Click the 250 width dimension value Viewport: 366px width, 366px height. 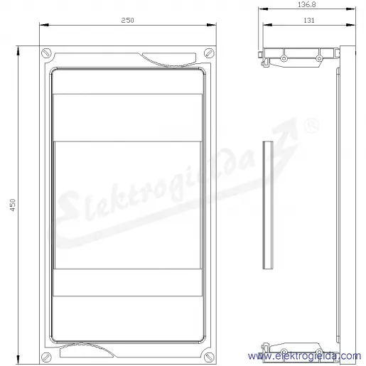127,21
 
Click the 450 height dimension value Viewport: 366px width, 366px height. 13,205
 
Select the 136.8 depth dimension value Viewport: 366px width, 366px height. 307,4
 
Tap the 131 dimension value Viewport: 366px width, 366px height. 309,21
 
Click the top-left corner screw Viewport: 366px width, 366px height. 45,53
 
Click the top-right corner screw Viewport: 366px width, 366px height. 209,53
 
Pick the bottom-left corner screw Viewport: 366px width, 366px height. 45,357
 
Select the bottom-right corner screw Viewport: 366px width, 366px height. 209,357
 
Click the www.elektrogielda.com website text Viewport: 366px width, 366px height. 305,356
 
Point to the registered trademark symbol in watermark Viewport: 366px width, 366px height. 311,127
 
